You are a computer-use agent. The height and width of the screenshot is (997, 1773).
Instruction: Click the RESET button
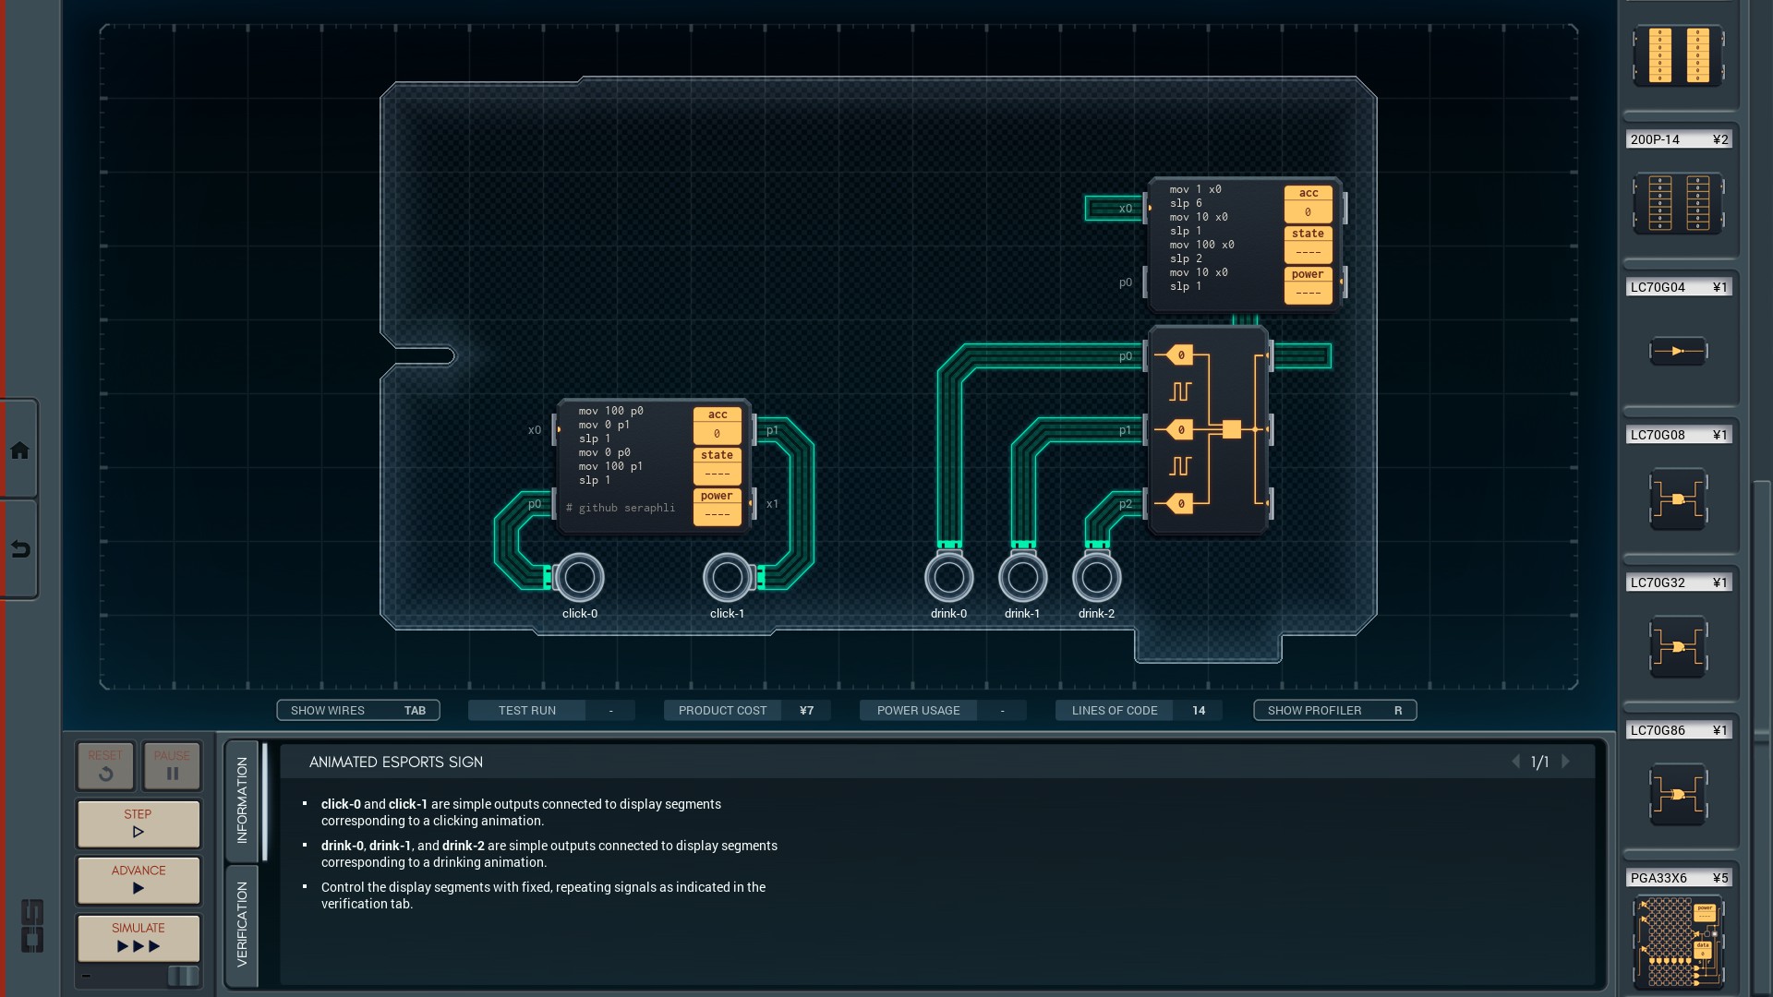(105, 765)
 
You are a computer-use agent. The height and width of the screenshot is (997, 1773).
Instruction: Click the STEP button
(139, 823)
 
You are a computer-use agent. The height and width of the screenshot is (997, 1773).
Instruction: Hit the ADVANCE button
(139, 880)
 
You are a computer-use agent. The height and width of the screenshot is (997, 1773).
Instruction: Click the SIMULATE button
(139, 937)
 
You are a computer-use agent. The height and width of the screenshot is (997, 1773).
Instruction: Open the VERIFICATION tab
(242, 924)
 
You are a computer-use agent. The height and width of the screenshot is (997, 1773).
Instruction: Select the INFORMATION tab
(242, 799)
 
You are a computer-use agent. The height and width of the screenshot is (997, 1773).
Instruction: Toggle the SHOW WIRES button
(357, 710)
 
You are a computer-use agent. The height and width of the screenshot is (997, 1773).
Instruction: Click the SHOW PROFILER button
(1334, 710)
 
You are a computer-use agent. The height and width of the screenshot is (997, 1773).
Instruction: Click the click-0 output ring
(580, 577)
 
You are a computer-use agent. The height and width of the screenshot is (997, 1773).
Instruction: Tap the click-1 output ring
(728, 577)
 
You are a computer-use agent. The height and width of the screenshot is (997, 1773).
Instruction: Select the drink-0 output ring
(948, 577)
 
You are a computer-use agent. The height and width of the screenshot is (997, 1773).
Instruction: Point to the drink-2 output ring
(1096, 577)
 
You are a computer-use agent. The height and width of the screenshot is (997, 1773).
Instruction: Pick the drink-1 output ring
(1022, 577)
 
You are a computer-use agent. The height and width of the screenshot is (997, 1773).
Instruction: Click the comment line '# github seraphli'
(621, 508)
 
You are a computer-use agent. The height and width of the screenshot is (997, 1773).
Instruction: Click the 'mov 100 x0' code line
(1201, 245)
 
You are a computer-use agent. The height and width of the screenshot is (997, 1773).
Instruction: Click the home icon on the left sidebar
(19, 450)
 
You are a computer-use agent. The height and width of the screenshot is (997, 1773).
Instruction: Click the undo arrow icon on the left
(19, 549)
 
